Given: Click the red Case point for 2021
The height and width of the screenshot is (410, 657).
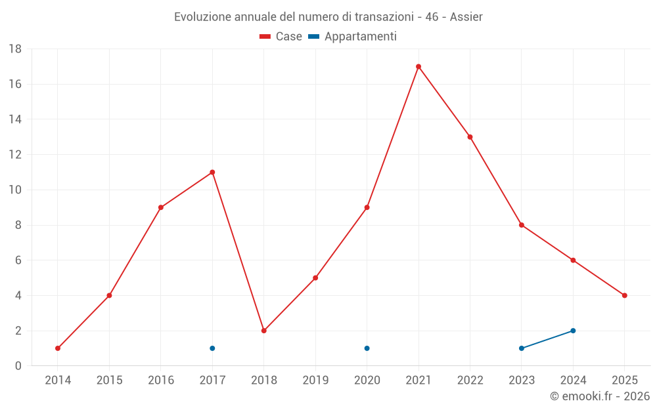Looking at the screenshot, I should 419,66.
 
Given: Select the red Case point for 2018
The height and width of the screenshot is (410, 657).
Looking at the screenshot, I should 263,331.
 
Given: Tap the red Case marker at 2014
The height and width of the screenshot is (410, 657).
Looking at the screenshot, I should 58,348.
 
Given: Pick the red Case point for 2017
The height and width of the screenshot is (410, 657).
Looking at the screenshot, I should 212,172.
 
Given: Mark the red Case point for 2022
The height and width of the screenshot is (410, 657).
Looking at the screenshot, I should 470,137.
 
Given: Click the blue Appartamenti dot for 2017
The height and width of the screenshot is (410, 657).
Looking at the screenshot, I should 212,348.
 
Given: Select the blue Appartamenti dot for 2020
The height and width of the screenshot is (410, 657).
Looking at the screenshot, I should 367,348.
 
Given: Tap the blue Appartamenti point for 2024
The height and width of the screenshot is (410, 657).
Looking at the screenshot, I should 573,331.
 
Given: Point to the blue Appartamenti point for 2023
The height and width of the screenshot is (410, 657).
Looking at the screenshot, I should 522,348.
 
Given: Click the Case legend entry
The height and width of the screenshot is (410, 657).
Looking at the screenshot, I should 281,37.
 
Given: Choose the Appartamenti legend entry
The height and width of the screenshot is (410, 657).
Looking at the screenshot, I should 353,37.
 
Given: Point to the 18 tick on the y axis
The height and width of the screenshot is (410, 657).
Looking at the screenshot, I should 15,49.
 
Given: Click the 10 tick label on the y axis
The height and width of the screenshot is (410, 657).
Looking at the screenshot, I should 15,190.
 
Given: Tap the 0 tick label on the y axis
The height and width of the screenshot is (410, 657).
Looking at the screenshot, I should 18,366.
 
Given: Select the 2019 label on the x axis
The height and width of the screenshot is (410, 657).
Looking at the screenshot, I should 315,380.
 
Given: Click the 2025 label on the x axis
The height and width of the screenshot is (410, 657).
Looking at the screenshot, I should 624,380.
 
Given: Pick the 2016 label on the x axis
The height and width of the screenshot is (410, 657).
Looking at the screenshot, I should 161,380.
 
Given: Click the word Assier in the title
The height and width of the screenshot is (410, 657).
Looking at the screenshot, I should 466,17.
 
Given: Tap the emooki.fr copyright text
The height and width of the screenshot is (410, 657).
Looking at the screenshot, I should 599,396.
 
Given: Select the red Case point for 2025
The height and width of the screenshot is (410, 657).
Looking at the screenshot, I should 624,295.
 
